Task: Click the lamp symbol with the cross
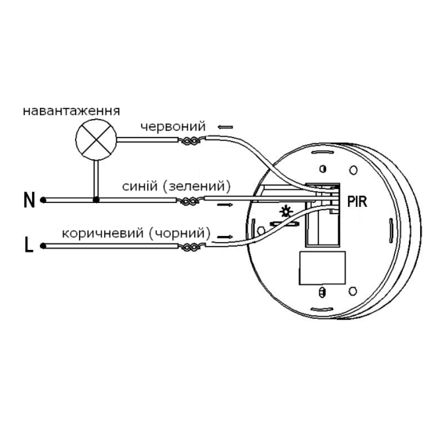pos(96,139)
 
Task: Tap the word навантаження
pos(71,111)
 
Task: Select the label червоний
pos(173,126)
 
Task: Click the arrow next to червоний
pos(226,127)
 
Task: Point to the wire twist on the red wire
pos(190,141)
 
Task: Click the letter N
pos(29,200)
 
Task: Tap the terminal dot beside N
pos(43,200)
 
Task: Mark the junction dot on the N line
pos(96,200)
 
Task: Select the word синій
pos(140,187)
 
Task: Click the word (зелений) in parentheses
pos(197,187)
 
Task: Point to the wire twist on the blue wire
pos(189,201)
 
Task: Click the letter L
pos(29,245)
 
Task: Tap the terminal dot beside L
pos(43,246)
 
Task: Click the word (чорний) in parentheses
pos(180,234)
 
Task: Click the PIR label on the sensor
pos(357,201)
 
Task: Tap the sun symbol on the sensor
pos(284,212)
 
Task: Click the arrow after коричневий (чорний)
pos(226,237)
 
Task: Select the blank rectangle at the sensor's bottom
pos(322,267)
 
